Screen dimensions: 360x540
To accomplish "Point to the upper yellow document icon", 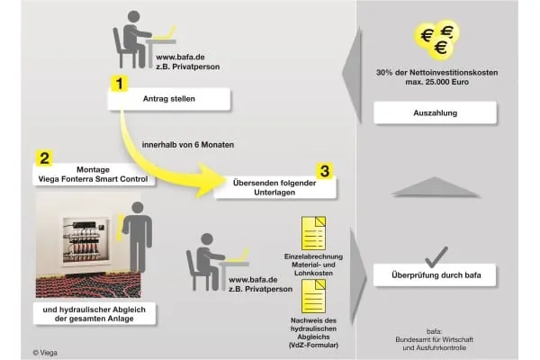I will pos(311,232).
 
